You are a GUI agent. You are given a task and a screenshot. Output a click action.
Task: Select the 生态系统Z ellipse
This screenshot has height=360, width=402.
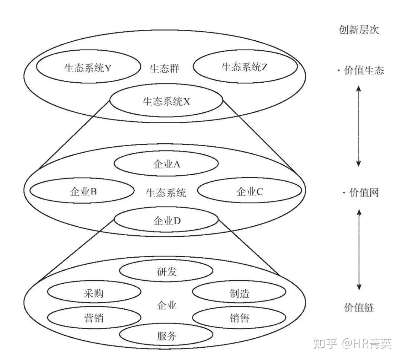pyautogui.click(x=245, y=67)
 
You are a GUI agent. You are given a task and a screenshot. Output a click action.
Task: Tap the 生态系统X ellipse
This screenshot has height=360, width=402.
pyautogui.click(x=166, y=101)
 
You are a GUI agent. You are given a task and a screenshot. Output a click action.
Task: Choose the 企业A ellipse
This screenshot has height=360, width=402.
pyautogui.click(x=166, y=164)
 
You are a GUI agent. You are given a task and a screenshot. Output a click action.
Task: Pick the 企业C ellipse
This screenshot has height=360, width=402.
pyautogui.click(x=249, y=191)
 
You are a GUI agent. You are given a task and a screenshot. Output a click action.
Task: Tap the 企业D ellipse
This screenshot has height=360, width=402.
pyautogui.click(x=166, y=220)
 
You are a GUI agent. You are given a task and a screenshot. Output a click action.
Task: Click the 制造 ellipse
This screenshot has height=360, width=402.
pyautogui.click(x=239, y=293)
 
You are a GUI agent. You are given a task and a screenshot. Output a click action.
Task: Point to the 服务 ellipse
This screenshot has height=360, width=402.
pyautogui.click(x=166, y=336)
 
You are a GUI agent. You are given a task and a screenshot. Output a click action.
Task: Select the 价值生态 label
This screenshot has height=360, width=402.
pyautogui.click(x=363, y=70)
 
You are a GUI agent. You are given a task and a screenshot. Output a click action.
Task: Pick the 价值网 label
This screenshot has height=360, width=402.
pyautogui.click(x=363, y=193)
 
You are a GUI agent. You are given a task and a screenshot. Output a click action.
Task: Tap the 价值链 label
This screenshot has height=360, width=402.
pyautogui.click(x=359, y=308)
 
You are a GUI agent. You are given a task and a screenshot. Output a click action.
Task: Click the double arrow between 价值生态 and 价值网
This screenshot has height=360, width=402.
pyautogui.click(x=358, y=125)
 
